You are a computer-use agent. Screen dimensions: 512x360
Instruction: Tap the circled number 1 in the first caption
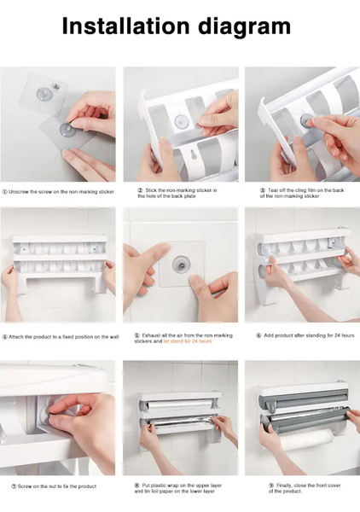(5, 192)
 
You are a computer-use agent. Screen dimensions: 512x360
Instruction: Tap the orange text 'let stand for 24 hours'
(187, 340)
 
